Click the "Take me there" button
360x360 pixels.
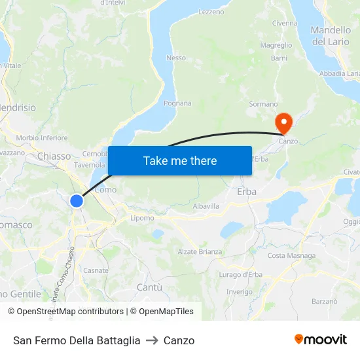click(x=180, y=160)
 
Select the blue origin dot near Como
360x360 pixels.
click(x=77, y=201)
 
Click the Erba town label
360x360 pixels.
click(x=246, y=192)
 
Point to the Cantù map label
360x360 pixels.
click(x=149, y=287)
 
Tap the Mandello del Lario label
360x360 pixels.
click(x=331, y=36)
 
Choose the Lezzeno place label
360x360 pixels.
click(x=211, y=12)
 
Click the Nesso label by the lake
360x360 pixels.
click(x=176, y=58)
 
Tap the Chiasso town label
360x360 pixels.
click(x=54, y=156)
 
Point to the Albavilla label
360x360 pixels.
click(x=206, y=206)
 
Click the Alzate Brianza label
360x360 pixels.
click(x=200, y=251)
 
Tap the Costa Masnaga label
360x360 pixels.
click(x=291, y=255)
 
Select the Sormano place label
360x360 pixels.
click(x=264, y=104)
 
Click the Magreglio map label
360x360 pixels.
click(x=276, y=45)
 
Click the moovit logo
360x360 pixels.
click(x=320, y=340)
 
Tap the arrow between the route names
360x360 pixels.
click(x=152, y=340)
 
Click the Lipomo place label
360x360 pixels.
click(x=142, y=218)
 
